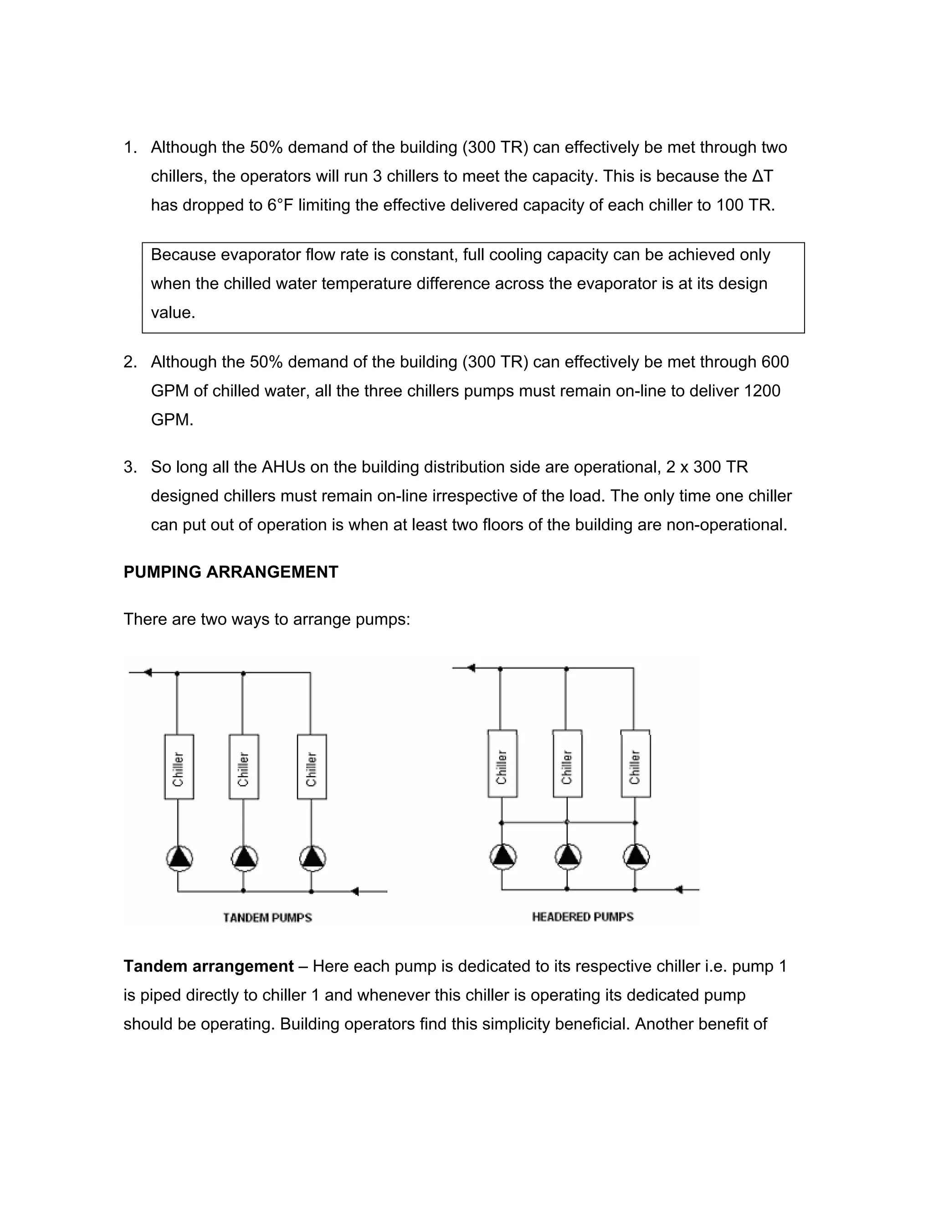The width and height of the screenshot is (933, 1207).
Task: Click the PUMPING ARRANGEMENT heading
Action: pos(231,572)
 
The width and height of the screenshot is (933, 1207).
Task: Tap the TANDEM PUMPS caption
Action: pos(267,918)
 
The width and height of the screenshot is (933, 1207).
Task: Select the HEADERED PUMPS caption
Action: pos(583,917)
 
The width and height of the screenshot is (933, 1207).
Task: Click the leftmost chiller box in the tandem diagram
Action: pos(179,767)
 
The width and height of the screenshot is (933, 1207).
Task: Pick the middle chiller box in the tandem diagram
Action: pos(244,767)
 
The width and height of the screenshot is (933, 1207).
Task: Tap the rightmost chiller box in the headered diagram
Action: pos(636,764)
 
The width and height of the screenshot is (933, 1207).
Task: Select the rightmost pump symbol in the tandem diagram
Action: pos(313,858)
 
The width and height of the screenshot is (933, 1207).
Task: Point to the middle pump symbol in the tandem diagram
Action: pos(244,858)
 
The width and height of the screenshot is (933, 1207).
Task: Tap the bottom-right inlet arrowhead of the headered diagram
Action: pos(679,889)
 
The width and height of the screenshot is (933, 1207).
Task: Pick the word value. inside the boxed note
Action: pos(173,313)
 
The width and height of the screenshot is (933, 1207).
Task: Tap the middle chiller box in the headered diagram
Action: pos(567,764)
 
